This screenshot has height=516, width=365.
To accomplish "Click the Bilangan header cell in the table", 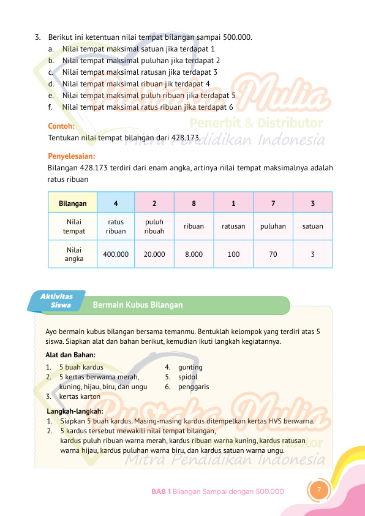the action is click(x=73, y=203).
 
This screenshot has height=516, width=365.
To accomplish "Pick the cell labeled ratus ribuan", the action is click(x=116, y=227).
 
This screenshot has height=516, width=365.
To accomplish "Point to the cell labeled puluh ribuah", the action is click(x=154, y=227).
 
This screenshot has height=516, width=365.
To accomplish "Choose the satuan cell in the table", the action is click(x=312, y=226).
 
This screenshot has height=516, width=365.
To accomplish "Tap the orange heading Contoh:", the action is click(x=61, y=126).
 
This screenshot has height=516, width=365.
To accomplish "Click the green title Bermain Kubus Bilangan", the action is click(x=138, y=305).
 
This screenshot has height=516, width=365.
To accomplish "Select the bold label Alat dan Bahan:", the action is click(x=70, y=354).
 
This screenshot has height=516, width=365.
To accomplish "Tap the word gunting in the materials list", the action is click(x=190, y=367).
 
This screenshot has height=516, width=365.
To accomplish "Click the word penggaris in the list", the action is click(x=194, y=387).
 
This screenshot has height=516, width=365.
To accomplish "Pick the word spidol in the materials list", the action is click(x=188, y=378).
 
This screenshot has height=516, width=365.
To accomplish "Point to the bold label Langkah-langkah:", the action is click(x=75, y=411).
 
